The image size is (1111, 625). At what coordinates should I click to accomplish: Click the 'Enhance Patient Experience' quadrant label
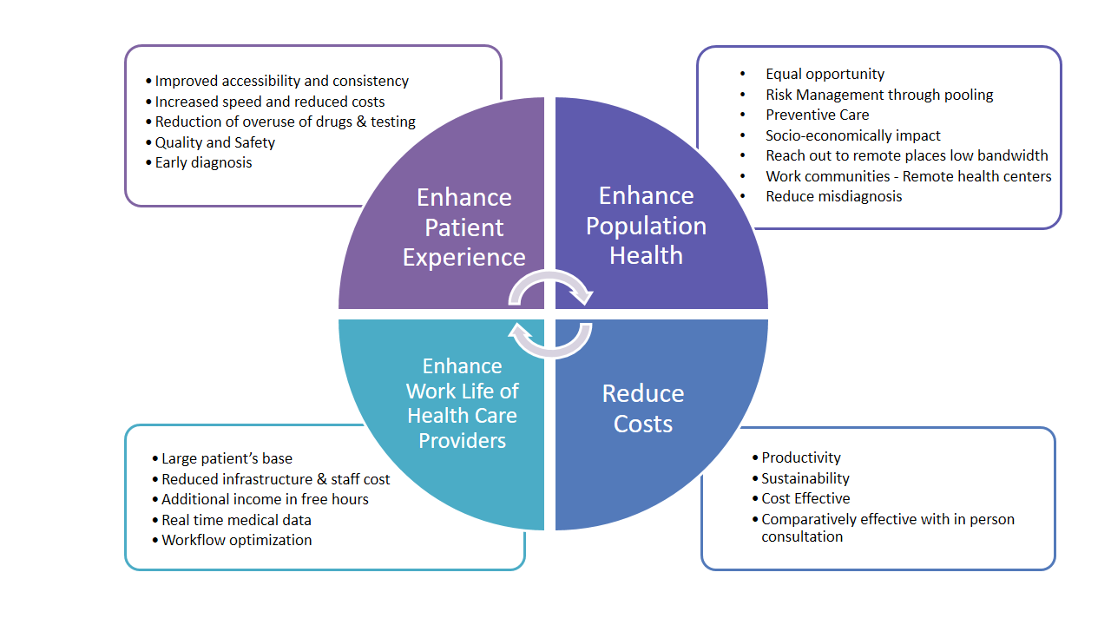pos(463,227)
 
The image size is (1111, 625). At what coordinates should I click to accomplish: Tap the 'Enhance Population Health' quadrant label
pos(646,226)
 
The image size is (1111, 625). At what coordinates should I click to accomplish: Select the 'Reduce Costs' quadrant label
pos(643,408)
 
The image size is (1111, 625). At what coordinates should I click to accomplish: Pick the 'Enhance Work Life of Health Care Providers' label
pos(462,403)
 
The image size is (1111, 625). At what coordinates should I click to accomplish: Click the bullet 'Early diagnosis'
pos(203,162)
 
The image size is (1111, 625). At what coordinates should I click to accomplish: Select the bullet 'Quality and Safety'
pos(214,142)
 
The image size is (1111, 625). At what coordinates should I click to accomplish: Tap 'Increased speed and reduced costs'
pos(270,102)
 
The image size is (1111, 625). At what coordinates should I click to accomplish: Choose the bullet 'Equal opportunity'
pos(825,74)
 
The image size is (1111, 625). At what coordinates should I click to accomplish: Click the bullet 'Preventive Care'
pos(817,115)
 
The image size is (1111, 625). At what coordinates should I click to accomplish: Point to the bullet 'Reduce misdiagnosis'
pos(833,196)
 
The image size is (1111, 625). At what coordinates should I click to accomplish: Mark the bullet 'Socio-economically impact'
pos(852,135)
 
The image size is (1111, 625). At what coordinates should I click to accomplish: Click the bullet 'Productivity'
pos(800,457)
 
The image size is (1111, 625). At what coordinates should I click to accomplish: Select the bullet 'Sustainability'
pos(805,478)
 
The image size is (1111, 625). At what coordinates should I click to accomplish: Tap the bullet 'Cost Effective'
pos(805,498)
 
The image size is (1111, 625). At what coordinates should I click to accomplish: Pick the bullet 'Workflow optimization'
pos(236,540)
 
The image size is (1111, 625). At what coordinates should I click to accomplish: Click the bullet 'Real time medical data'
pos(236,520)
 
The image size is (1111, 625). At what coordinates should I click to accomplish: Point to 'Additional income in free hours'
pos(265,499)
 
